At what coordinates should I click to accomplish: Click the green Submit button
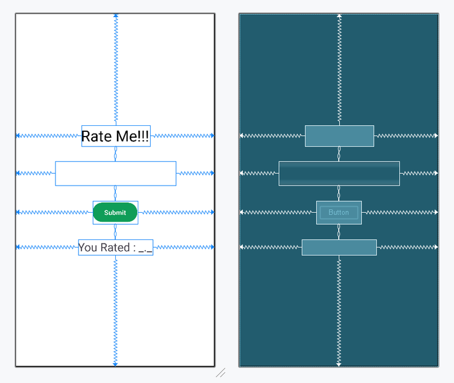click(115, 213)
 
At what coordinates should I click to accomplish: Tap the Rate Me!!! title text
click(115, 136)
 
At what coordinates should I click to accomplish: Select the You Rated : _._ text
click(115, 248)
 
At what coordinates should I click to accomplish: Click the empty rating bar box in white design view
click(115, 173)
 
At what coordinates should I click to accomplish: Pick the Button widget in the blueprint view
click(339, 213)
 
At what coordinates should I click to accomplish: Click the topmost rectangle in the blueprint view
click(339, 136)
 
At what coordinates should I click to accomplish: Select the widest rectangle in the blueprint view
click(339, 173)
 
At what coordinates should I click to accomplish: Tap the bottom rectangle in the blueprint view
click(339, 248)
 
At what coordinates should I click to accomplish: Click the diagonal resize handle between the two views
click(220, 373)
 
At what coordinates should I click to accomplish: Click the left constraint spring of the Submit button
click(54, 212)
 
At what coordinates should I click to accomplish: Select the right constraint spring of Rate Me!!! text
click(181, 136)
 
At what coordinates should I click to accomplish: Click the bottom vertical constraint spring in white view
click(116, 310)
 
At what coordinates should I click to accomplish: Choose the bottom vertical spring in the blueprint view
click(339, 310)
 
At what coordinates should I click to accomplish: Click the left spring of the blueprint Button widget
click(278, 212)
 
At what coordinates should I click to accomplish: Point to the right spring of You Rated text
click(183, 247)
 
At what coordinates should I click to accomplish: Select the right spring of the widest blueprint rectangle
click(419, 173)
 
